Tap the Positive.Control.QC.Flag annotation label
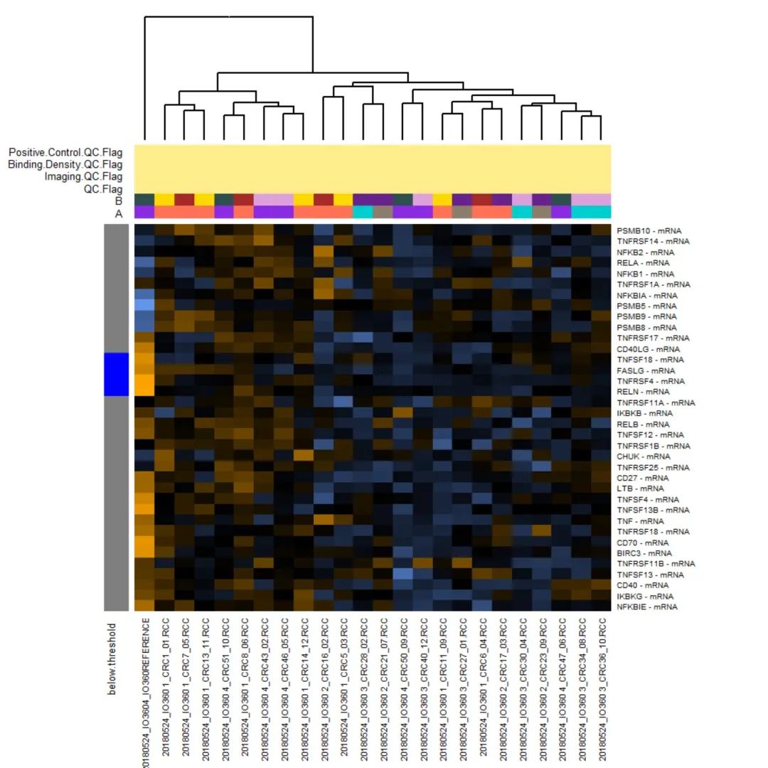(65, 152)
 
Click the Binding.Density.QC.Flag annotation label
(65, 164)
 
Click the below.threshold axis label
(112, 658)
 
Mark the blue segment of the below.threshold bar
(116, 374)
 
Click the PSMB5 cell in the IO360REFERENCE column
(144, 305)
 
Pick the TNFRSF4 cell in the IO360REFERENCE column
(144, 380)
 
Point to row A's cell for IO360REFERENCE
(144, 212)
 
